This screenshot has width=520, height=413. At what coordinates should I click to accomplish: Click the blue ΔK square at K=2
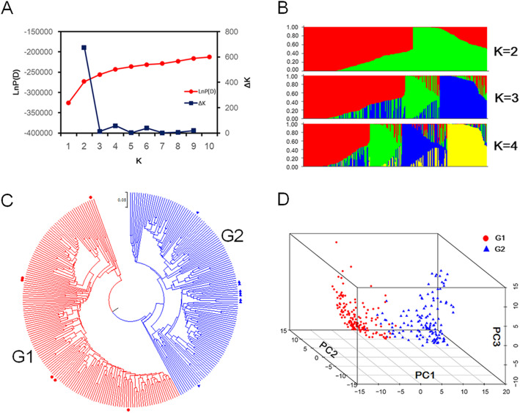(x=84, y=48)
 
